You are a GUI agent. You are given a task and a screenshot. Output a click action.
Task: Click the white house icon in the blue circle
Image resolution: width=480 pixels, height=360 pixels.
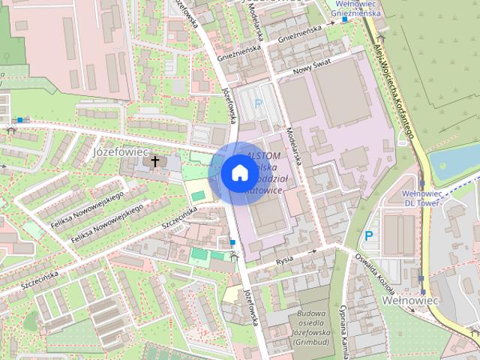point(239,173)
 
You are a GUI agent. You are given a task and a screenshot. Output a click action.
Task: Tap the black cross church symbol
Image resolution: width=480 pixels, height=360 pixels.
point(155,161)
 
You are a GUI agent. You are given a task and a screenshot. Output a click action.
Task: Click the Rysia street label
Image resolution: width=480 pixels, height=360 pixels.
point(284,260)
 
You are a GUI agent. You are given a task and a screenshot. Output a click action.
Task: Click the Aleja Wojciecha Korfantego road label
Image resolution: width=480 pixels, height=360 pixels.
point(393,90)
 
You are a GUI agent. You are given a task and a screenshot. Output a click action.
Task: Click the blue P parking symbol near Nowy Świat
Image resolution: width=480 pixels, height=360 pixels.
point(259,104)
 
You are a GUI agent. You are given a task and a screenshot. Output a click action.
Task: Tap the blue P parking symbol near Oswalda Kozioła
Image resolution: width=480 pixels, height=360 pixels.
point(368,235)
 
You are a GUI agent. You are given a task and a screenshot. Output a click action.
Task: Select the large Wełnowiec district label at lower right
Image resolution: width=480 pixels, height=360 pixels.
point(409,299)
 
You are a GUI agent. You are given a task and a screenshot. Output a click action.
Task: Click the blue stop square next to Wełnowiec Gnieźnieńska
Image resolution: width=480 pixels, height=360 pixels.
point(344,19)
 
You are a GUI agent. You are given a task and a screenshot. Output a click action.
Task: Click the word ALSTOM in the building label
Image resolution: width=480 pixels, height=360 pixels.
point(253,155)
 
